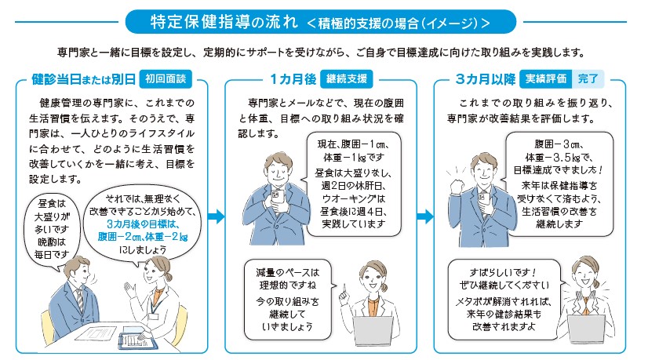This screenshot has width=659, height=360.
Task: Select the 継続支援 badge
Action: pyautogui.click(x=346, y=79)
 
